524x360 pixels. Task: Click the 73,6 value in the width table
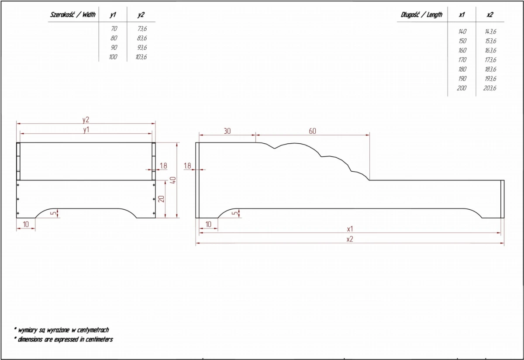point(142,28)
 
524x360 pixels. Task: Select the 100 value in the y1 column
point(113,57)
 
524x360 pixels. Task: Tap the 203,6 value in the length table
point(490,88)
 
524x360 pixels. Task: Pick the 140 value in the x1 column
point(462,31)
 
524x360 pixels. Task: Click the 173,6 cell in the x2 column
point(490,60)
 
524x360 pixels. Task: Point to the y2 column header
point(141,15)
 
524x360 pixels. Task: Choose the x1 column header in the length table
point(462,15)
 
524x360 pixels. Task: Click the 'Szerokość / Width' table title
point(73,14)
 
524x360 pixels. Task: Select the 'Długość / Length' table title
point(421,15)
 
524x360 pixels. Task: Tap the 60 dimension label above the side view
point(313,131)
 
